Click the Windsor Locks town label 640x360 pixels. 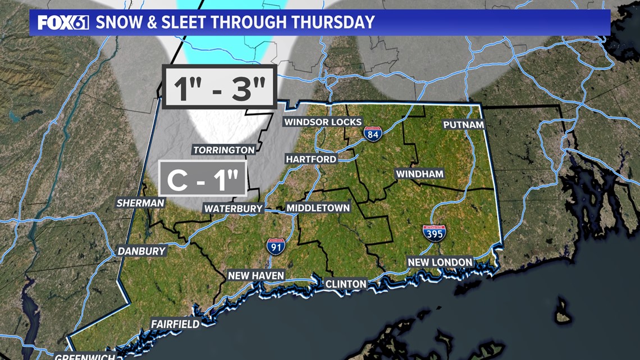coord(323,122)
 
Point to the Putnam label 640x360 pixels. coord(464,125)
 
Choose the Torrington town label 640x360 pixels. coord(224,150)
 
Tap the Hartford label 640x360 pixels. coord(311,159)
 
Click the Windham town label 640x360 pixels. coord(420,174)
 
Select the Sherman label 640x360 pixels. coord(141,203)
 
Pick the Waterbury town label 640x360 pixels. coord(234,208)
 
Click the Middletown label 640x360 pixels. coord(318,208)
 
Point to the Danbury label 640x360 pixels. coord(142,251)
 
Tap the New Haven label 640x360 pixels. coord(256,275)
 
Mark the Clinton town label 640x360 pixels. coord(346,284)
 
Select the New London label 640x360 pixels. coord(440,262)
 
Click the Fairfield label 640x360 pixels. coord(175,324)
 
